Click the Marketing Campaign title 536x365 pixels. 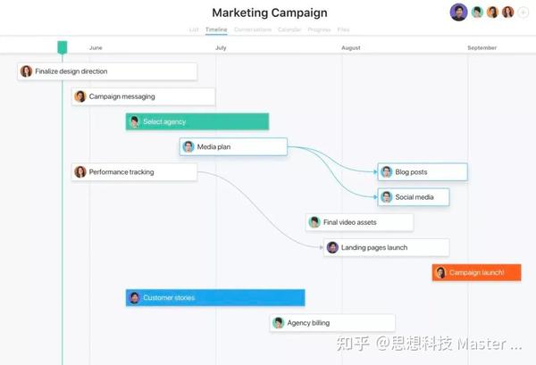pyautogui.click(x=269, y=12)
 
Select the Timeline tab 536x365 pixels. pyautogui.click(x=216, y=29)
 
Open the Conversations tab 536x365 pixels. pyautogui.click(x=253, y=29)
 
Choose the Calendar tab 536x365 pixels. pyautogui.click(x=289, y=29)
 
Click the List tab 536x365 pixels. pyautogui.click(x=194, y=29)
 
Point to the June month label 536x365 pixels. pyautogui.click(x=96, y=47)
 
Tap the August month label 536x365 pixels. pyautogui.click(x=351, y=47)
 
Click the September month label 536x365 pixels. pyautogui.click(x=482, y=47)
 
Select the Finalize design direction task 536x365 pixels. pyautogui.click(x=107, y=71)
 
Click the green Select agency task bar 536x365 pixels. pyautogui.click(x=197, y=121)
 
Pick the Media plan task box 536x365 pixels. pyautogui.click(x=233, y=146)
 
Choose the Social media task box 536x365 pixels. pyautogui.click(x=413, y=196)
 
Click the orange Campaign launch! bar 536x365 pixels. pyautogui.click(x=476, y=272)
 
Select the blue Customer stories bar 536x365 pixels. pyautogui.click(x=214, y=297)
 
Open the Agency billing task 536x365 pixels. pyautogui.click(x=319, y=322)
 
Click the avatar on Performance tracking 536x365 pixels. pyautogui.click(x=80, y=171)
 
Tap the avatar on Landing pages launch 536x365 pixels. pyautogui.click(x=332, y=247)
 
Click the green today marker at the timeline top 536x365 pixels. pyautogui.click(x=62, y=46)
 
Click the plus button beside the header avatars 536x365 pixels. pyautogui.click(x=523, y=12)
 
